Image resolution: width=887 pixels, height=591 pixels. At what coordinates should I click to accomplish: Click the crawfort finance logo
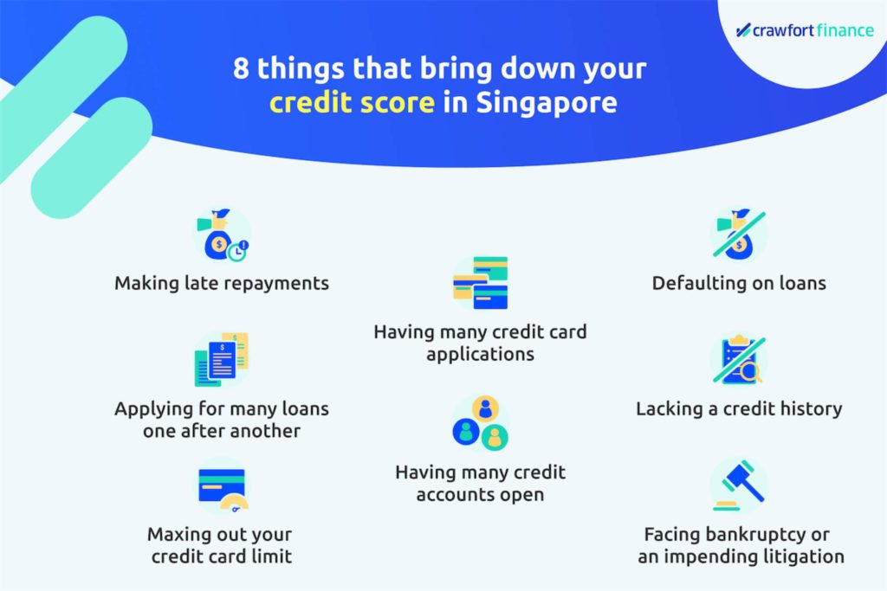[x=805, y=30]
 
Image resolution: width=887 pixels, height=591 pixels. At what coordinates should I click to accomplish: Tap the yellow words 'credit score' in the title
[x=352, y=103]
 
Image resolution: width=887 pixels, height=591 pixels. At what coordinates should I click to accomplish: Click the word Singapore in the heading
[x=547, y=103]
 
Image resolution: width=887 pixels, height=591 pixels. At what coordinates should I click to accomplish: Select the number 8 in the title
[x=241, y=69]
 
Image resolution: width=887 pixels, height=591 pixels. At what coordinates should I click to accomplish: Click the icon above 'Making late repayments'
[x=222, y=234]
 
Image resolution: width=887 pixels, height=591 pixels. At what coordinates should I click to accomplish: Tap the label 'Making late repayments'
[x=222, y=283]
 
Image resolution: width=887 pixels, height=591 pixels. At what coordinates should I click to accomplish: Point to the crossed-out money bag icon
[x=740, y=234]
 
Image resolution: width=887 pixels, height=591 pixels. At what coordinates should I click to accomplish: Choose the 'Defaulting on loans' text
[x=740, y=283]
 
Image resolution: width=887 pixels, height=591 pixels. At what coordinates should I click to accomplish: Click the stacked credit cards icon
[x=480, y=282]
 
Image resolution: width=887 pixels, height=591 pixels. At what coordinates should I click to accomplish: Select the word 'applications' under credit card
[x=480, y=354]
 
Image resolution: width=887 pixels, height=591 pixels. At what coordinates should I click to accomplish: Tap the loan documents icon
[x=222, y=359]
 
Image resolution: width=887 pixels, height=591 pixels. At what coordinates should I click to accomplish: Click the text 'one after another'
[x=222, y=431]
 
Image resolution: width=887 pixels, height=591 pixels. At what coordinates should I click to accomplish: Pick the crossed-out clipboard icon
[x=740, y=359]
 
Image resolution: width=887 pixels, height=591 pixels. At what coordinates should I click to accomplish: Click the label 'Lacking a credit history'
[x=740, y=408]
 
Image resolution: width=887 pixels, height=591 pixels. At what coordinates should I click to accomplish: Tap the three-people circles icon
[x=480, y=423]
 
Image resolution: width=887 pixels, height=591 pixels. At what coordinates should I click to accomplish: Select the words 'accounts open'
[x=480, y=495]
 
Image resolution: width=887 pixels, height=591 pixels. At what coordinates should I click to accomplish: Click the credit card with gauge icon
[x=222, y=488]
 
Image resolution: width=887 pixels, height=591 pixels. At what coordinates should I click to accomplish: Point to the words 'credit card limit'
[x=222, y=556]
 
